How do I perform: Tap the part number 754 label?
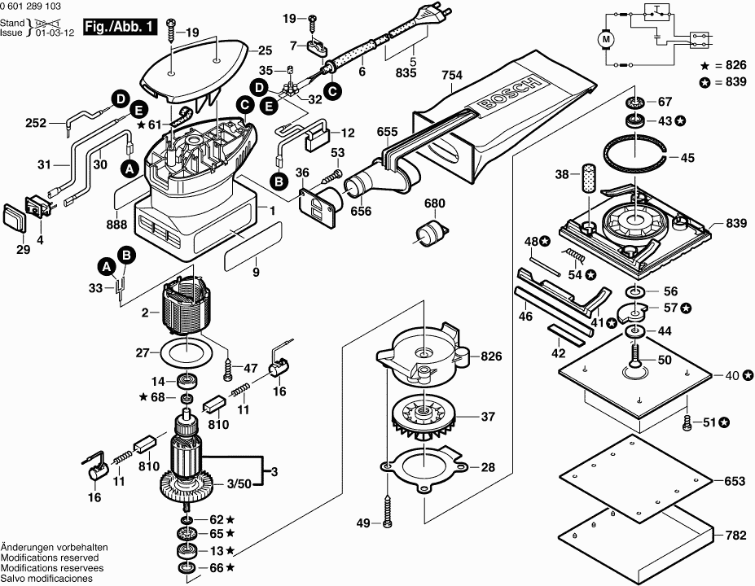click(x=452, y=76)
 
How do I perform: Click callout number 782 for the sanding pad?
click(x=735, y=536)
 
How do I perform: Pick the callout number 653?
click(x=735, y=481)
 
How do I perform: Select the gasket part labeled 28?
click(x=424, y=469)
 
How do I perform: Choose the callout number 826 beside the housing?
click(x=491, y=356)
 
